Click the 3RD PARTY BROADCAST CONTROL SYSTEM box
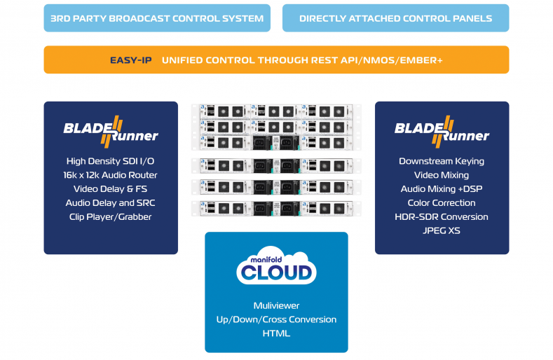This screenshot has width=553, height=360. [x=157, y=18]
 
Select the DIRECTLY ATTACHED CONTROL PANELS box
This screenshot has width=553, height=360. [x=395, y=18]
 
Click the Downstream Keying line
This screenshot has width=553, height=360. [x=442, y=161]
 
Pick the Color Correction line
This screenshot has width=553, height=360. [x=442, y=203]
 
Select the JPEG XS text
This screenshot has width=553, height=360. [x=442, y=230]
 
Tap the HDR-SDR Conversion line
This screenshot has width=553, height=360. [x=442, y=216]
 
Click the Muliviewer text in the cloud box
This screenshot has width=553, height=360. [x=276, y=305]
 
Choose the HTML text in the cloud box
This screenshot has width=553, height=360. [x=276, y=333]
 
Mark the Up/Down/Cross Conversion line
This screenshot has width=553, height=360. [x=276, y=319]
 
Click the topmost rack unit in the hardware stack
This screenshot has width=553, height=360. [x=276, y=111]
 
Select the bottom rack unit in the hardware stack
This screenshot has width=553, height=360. [x=276, y=208]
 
